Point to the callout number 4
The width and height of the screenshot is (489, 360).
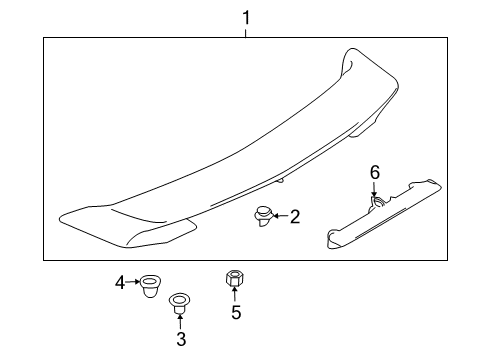pos(120,284)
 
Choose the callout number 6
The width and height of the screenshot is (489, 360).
pos(375,173)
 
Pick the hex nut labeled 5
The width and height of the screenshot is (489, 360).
pos(236,278)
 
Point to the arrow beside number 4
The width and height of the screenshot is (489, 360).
pos(133,284)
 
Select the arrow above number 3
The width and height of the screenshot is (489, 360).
pos(181,319)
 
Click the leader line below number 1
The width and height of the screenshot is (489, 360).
pos(245,30)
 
